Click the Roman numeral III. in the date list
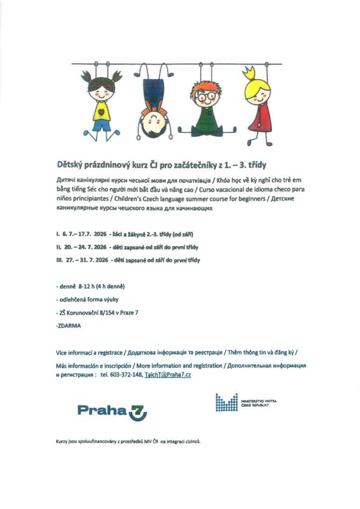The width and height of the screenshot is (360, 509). pos(60,260)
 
